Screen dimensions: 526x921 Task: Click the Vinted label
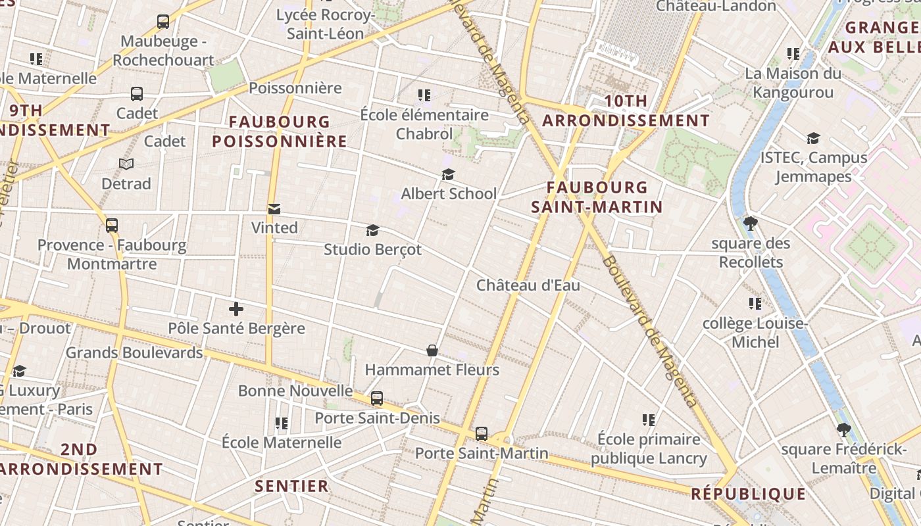click(x=274, y=227)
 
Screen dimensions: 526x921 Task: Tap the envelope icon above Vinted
click(x=274, y=209)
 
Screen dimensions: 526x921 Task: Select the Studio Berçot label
click(x=372, y=250)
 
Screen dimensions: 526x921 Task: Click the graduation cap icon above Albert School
click(x=449, y=174)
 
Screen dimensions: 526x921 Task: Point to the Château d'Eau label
click(x=528, y=285)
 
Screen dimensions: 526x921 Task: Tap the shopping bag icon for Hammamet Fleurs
click(x=432, y=350)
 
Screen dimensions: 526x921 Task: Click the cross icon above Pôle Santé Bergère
click(x=236, y=308)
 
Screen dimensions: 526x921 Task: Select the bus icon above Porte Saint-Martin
click(x=482, y=434)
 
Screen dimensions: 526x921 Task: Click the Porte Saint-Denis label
click(x=377, y=418)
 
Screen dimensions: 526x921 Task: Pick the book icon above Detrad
click(x=126, y=164)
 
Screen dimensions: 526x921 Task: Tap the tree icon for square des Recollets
click(x=750, y=224)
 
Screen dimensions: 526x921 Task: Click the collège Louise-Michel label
click(x=755, y=333)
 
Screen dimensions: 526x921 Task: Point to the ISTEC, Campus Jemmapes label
click(x=814, y=167)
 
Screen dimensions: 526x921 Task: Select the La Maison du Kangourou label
click(x=793, y=83)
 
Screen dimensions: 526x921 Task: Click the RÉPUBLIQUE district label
click(x=748, y=494)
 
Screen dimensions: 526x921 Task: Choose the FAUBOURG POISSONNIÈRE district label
click(x=280, y=131)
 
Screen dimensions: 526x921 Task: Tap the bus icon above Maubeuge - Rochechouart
click(x=163, y=22)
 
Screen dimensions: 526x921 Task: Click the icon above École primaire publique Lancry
click(x=649, y=419)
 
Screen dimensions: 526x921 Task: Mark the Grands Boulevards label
click(x=134, y=352)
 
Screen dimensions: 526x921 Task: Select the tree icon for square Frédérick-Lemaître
click(x=843, y=431)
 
